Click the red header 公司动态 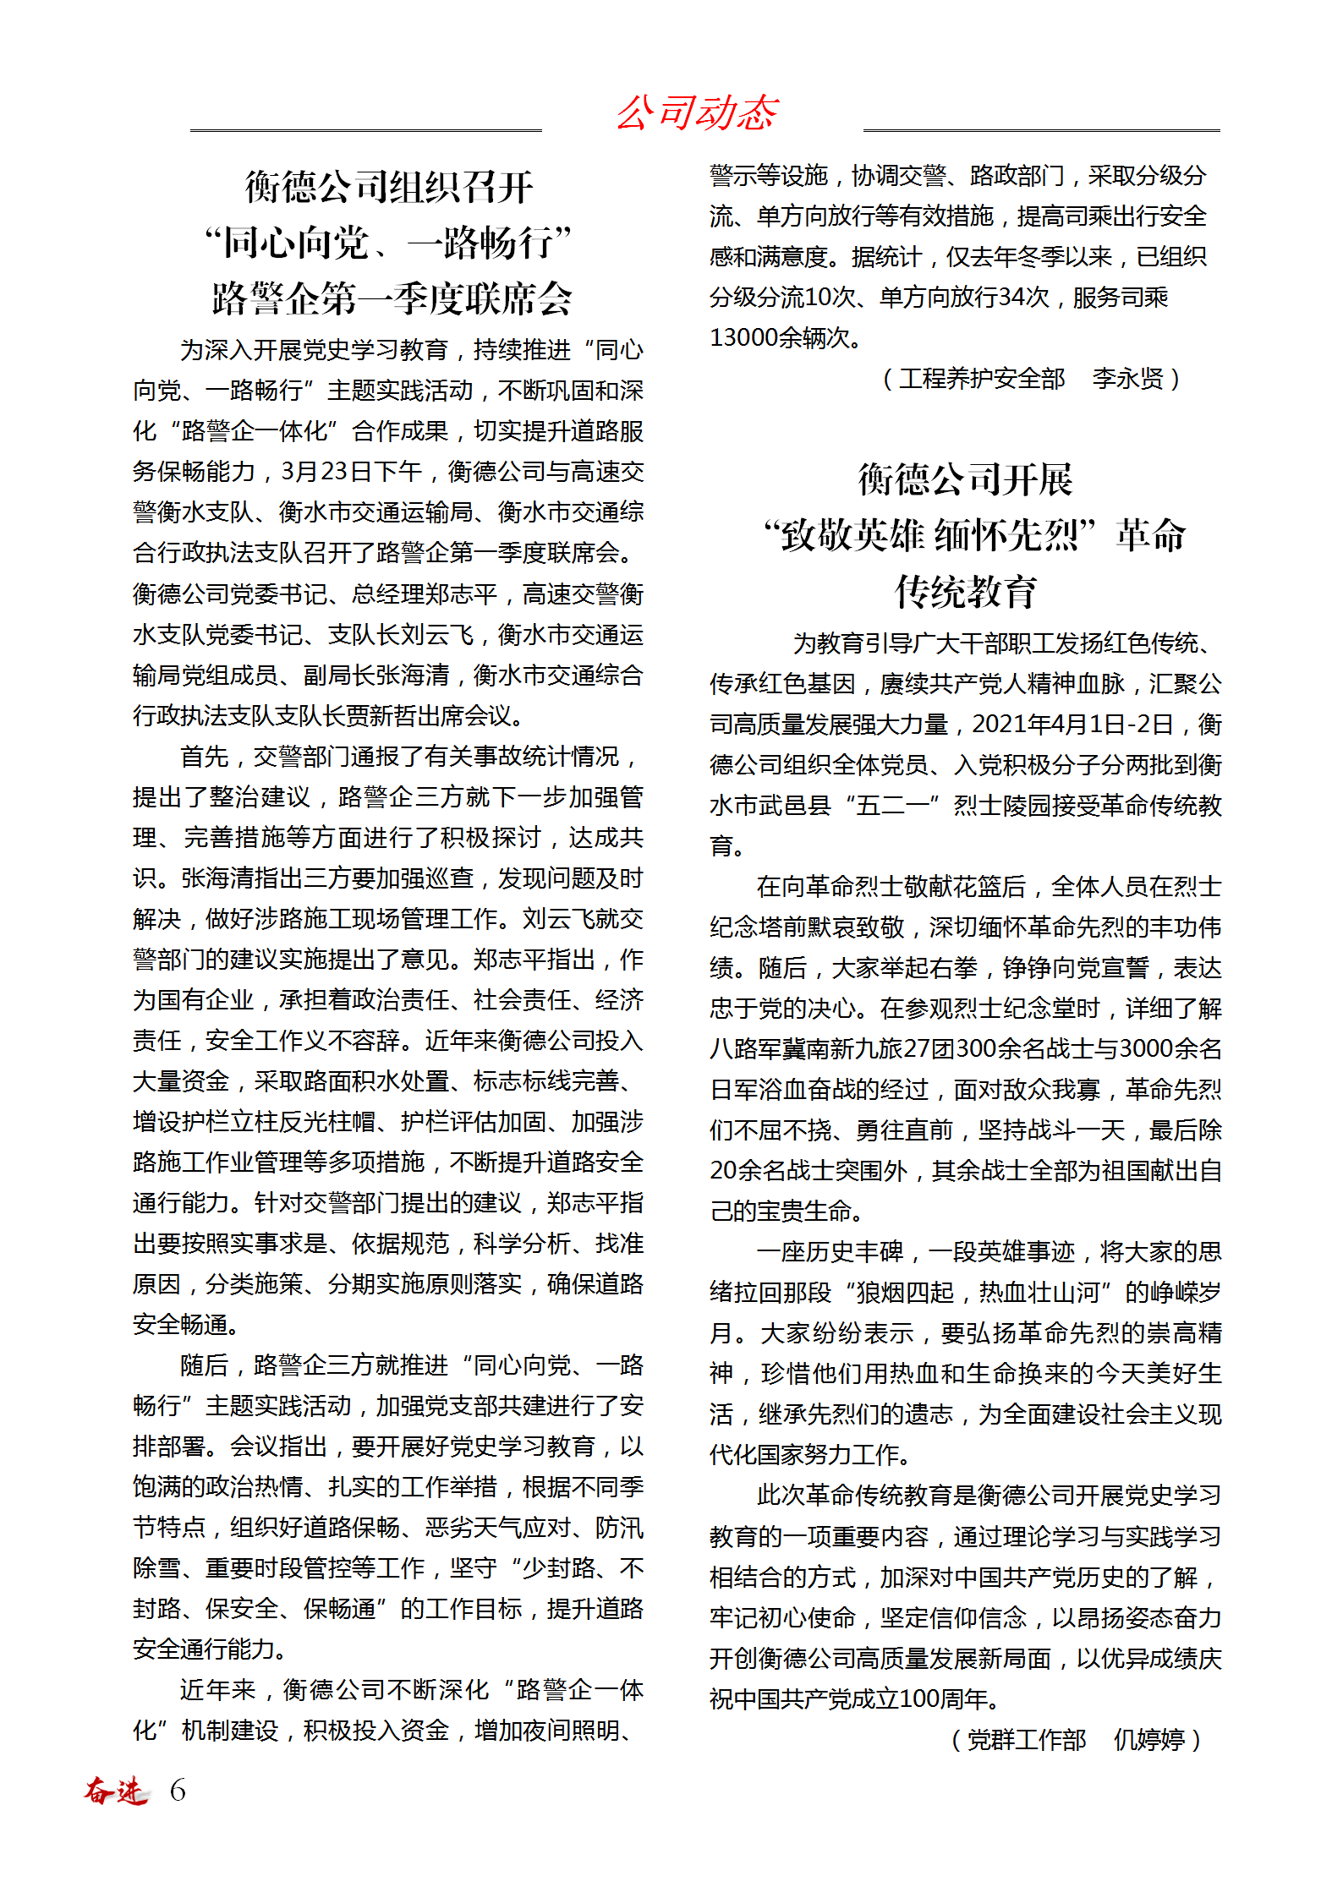click(697, 113)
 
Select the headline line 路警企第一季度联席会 click(392, 298)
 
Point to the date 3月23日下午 click(352, 472)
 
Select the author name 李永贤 click(1127, 379)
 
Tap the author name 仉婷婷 click(1148, 1740)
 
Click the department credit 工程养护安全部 click(981, 379)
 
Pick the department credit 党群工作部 click(1026, 1740)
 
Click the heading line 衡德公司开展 click(965, 480)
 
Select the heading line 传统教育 click(965, 592)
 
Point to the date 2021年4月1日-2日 click(1072, 725)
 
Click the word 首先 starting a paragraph click(204, 757)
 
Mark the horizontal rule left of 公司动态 click(365, 131)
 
